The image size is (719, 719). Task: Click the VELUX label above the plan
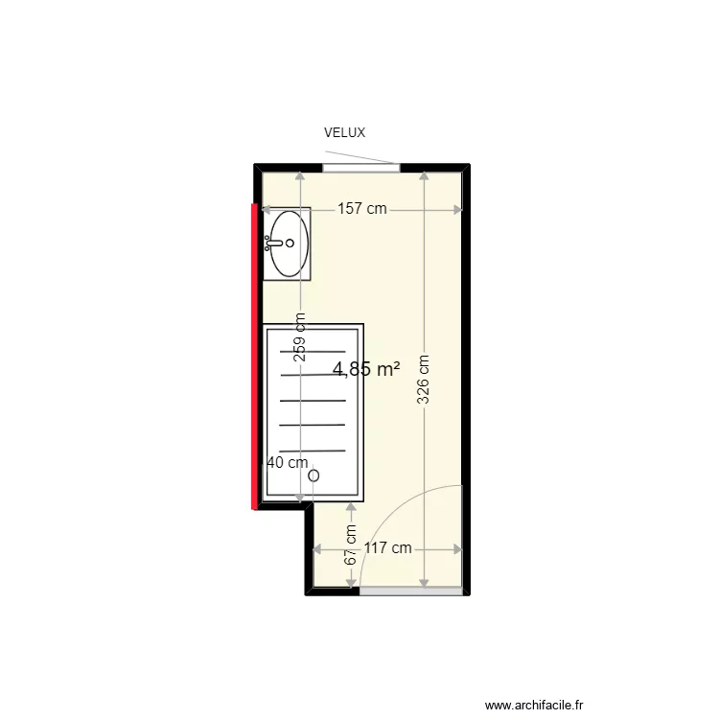[344, 133]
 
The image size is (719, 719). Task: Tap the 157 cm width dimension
[361, 209]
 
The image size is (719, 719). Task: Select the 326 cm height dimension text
[424, 381]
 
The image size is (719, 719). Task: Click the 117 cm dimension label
[387, 549]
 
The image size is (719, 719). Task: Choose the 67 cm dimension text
[351, 544]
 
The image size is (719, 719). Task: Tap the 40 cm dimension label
[287, 462]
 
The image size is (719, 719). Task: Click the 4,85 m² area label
[365, 368]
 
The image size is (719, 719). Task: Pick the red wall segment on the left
[255, 355]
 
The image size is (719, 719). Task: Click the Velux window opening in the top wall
[360, 168]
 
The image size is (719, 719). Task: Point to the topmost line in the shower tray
[312, 351]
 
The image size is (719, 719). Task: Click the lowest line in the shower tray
[312, 451]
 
